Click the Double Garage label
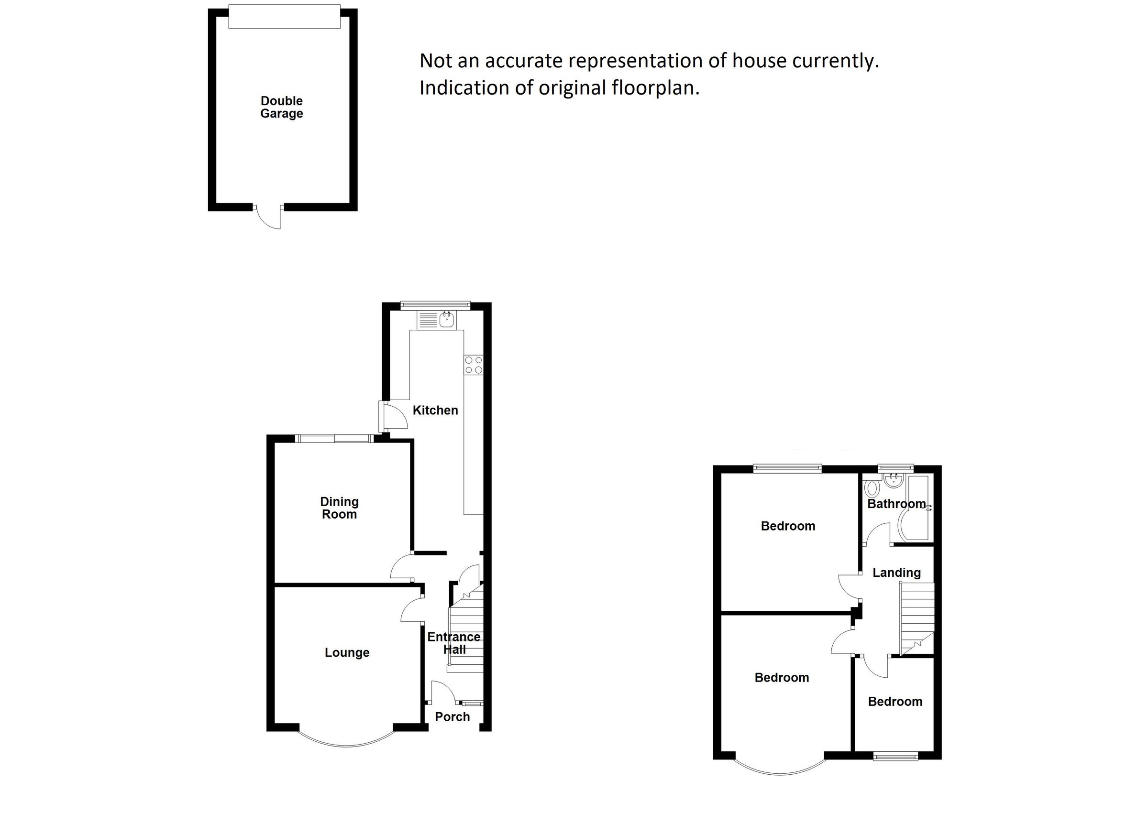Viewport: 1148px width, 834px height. click(x=281, y=107)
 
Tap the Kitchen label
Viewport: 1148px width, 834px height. click(x=435, y=410)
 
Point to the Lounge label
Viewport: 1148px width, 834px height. click(x=347, y=652)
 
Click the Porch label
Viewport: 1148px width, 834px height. click(x=452, y=716)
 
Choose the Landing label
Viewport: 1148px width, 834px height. click(x=896, y=573)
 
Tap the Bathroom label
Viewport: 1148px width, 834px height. click(x=896, y=504)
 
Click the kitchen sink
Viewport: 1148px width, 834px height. click(x=446, y=319)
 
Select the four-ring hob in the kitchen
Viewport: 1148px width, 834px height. click(x=474, y=365)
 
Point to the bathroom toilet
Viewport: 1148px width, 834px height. click(x=872, y=488)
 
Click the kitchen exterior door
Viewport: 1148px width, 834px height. click(x=393, y=417)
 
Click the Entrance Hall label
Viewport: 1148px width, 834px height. click(x=453, y=643)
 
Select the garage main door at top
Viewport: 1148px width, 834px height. click(x=284, y=16)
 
